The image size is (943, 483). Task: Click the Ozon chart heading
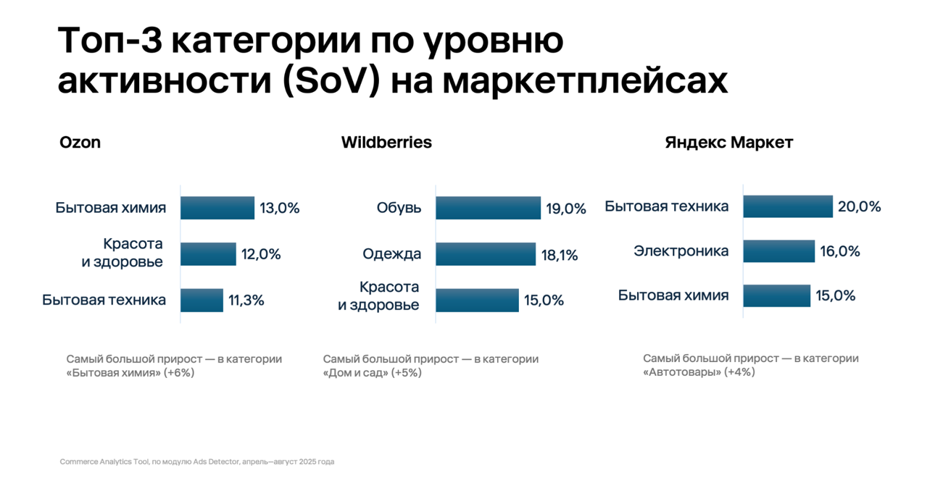[80, 143]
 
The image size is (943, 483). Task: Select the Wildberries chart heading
[386, 143]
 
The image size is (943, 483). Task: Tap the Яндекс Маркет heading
[728, 143]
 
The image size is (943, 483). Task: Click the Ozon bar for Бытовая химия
[217, 208]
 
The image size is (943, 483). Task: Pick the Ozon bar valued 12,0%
[208, 254]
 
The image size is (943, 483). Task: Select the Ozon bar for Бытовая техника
[202, 300]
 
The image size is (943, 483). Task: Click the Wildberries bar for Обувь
[488, 208]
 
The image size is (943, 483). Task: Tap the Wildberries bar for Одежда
[486, 254]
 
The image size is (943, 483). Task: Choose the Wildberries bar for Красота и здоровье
[477, 300]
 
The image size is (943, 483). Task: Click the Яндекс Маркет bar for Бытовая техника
[788, 206]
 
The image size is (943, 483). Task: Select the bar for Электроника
[778, 251]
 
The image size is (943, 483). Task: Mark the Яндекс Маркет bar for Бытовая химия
[776, 295]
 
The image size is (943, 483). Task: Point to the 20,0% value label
[859, 207]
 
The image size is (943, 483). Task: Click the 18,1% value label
[560, 255]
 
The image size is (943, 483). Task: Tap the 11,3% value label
[246, 301]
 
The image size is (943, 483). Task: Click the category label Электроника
[681, 251]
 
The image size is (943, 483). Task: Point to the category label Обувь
[399, 208]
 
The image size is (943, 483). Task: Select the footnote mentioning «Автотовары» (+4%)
[750, 365]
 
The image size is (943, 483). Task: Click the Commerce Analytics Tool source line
[196, 461]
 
